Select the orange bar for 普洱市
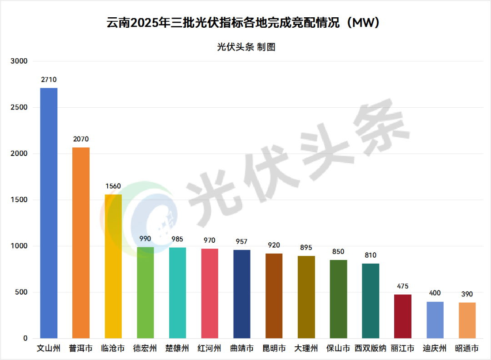pyautogui.click(x=81, y=243)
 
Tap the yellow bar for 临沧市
pyautogui.click(x=113, y=266)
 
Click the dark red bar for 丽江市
pyautogui.click(x=403, y=316)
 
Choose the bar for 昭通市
pyautogui.click(x=467, y=320)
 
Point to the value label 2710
pyautogui.click(x=49, y=80)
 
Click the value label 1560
pyautogui.click(x=113, y=186)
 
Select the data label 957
pyautogui.click(x=242, y=241)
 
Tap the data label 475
pyautogui.click(x=403, y=286)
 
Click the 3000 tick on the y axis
pyautogui.click(x=20, y=61)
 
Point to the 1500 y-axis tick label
pyautogui.click(x=20, y=200)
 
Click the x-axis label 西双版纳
pyautogui.click(x=371, y=349)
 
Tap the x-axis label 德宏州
pyautogui.click(x=145, y=349)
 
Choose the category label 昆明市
pyautogui.click(x=274, y=349)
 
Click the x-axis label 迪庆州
pyautogui.click(x=435, y=349)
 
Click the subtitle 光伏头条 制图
pyautogui.click(x=246, y=47)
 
